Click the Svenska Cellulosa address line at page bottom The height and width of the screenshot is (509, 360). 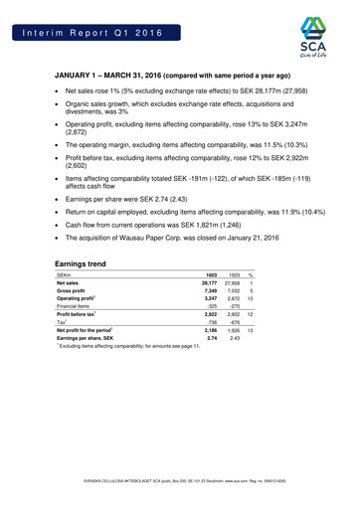pyautogui.click(x=180, y=494)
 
